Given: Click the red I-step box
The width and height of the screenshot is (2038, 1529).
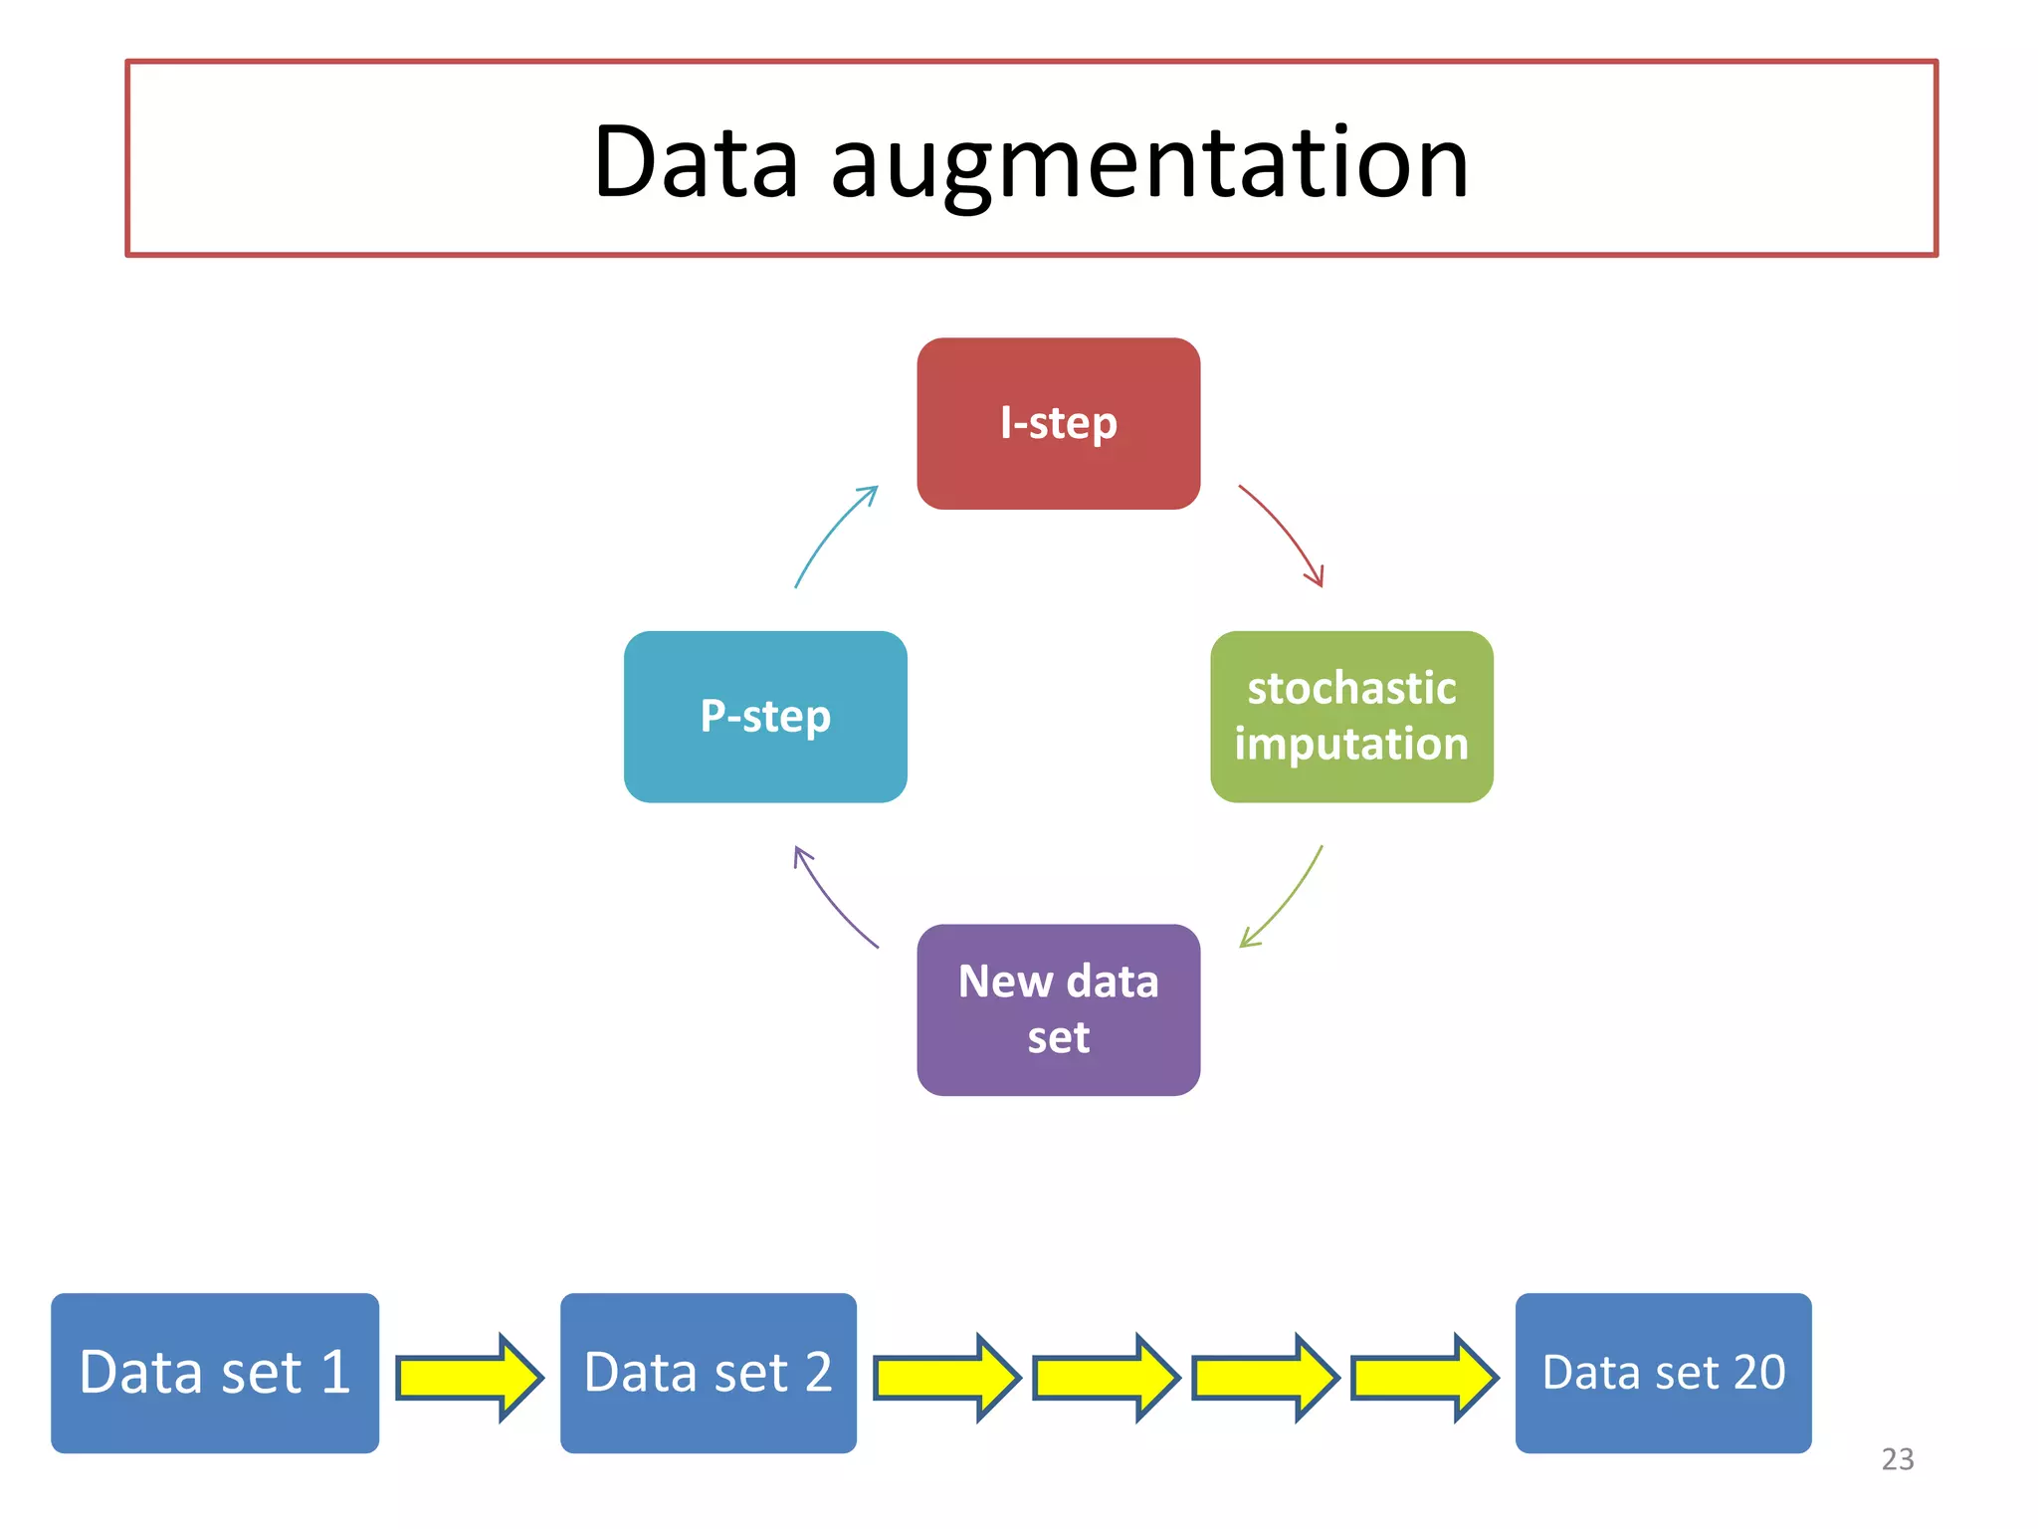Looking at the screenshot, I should tap(1058, 423).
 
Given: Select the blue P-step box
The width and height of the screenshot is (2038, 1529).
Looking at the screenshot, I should tap(765, 717).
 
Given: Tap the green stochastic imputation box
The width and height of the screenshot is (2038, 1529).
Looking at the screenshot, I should tap(1351, 717).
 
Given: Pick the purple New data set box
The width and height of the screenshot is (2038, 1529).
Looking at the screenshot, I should tap(1058, 1009).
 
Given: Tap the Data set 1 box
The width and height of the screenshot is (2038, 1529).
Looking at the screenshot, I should tap(215, 1373).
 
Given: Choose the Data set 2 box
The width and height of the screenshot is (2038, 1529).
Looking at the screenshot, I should tap(708, 1373).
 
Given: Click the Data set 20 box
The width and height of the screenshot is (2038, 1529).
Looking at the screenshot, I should tap(1663, 1373).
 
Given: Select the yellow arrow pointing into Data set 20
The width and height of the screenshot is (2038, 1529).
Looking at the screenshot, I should tap(1424, 1378).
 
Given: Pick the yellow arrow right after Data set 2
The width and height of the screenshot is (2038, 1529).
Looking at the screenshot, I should tap(946, 1378).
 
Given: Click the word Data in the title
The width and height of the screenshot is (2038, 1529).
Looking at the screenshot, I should tap(696, 161).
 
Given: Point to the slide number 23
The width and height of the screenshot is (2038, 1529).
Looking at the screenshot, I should tap(1897, 1459).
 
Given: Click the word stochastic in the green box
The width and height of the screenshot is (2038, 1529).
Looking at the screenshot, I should tap(1351, 689).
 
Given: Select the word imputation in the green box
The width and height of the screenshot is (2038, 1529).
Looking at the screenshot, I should tap(1351, 745).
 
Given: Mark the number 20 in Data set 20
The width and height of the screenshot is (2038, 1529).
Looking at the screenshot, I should tap(1758, 1373).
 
